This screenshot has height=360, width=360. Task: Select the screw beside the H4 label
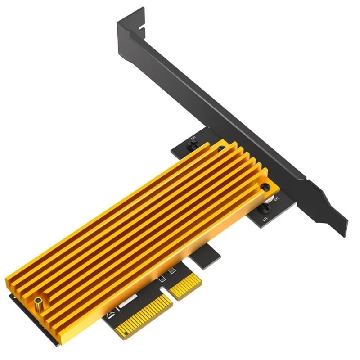point(266,208)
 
